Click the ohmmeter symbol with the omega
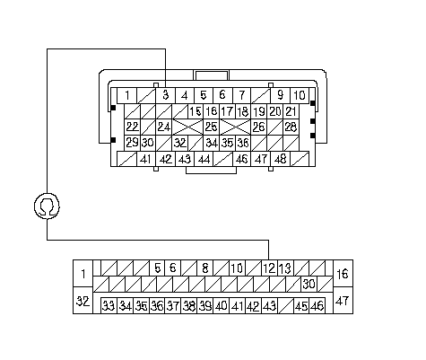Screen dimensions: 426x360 (x=47, y=206)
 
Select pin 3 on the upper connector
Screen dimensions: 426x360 (x=166, y=95)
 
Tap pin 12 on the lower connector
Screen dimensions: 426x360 (x=269, y=268)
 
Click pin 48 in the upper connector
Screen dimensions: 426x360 (x=280, y=159)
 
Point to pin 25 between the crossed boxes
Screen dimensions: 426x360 (x=212, y=127)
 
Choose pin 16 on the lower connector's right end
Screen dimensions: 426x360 (x=343, y=274)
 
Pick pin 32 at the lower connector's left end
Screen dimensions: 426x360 (x=83, y=301)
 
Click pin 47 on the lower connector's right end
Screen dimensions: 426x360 (x=343, y=301)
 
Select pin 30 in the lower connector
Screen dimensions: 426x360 (x=309, y=284)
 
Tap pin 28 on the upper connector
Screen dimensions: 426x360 (x=291, y=127)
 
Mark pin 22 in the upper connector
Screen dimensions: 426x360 (x=132, y=127)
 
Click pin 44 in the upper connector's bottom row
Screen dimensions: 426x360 (x=204, y=159)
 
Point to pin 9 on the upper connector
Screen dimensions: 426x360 (x=280, y=95)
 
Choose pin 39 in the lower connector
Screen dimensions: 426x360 (x=205, y=305)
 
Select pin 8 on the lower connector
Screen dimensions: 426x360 (x=205, y=268)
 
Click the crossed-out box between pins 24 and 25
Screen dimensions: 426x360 (x=187, y=127)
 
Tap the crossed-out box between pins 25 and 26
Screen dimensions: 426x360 (x=235, y=127)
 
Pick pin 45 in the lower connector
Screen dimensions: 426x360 (x=301, y=305)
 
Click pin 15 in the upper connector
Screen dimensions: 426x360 (x=196, y=111)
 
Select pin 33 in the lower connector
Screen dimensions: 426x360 (x=109, y=305)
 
